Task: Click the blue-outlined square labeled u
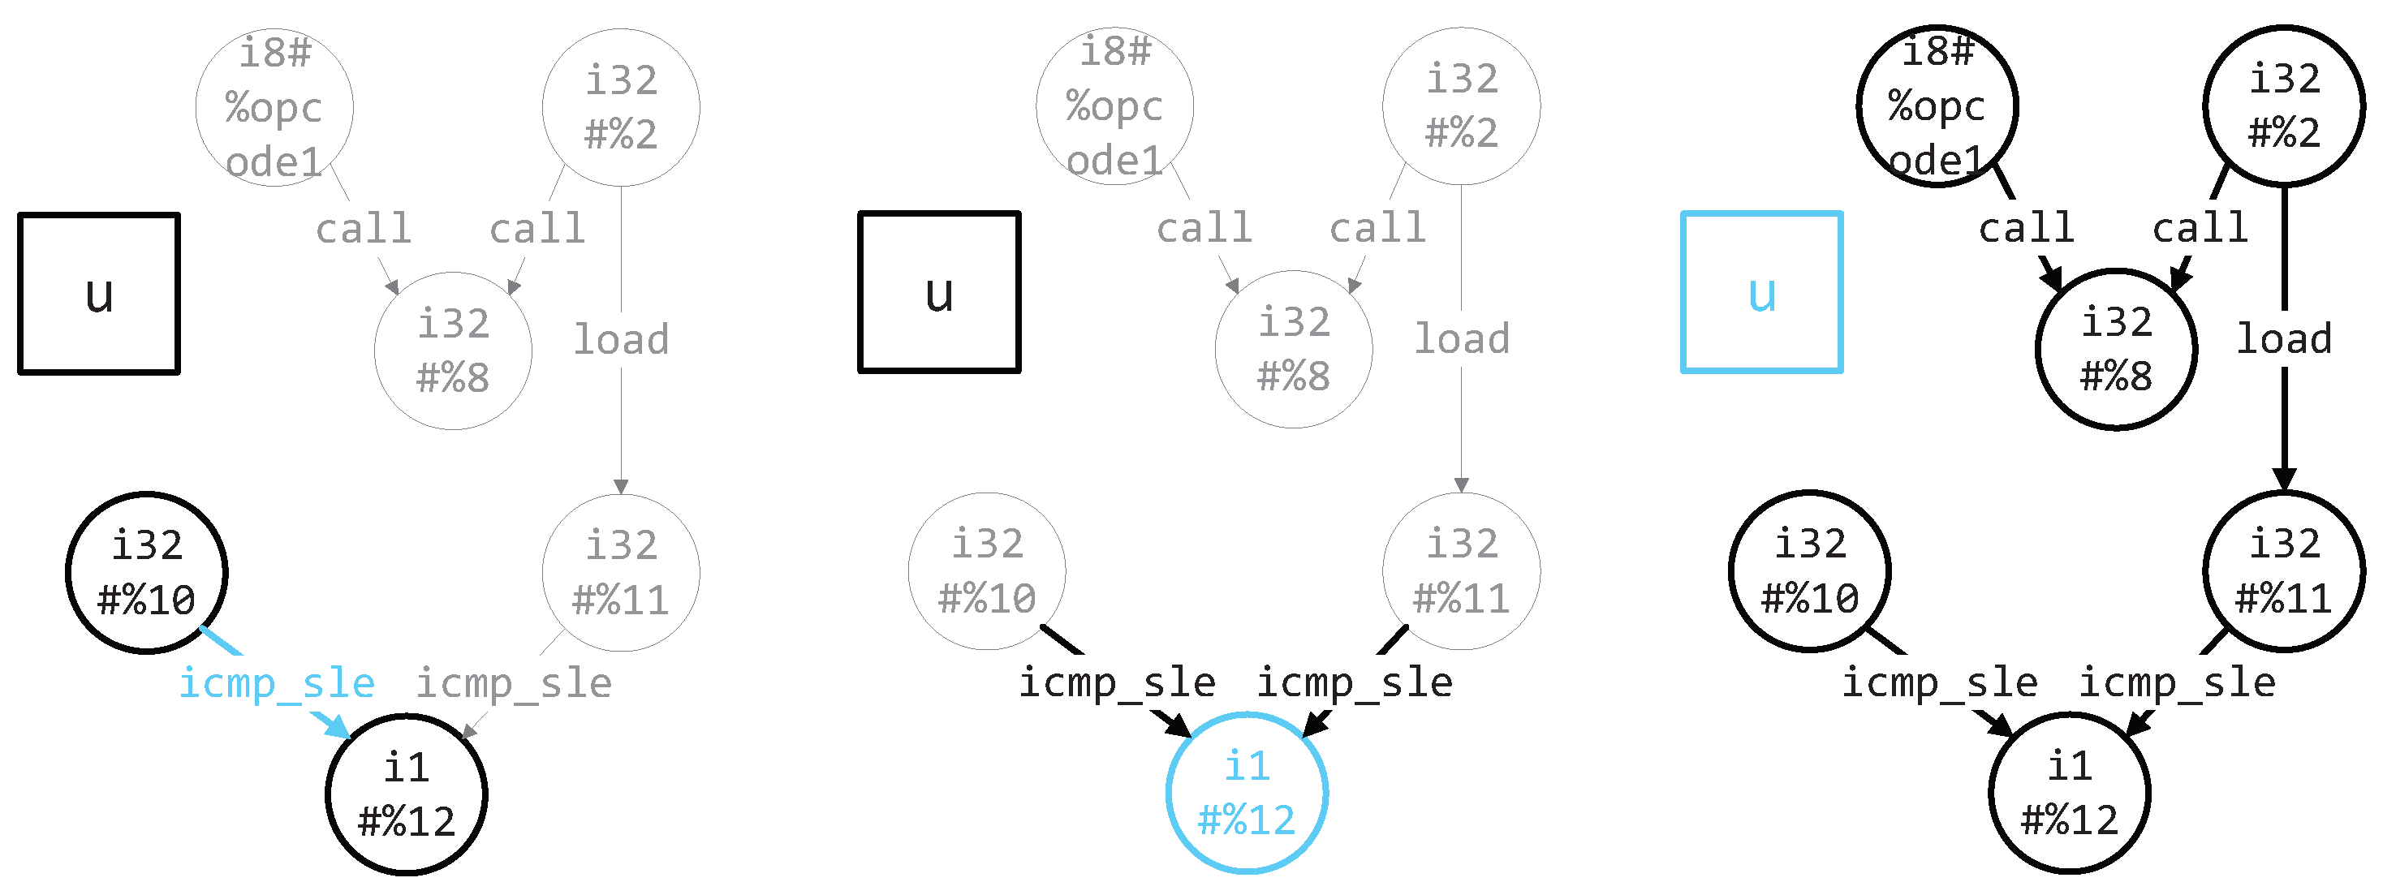pos(1761,292)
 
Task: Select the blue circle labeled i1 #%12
pos(1247,794)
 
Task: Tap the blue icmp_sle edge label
pos(277,683)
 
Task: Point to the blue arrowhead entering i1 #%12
pos(338,729)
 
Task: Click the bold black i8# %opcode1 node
pos(1937,106)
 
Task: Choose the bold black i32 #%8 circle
pos(2117,350)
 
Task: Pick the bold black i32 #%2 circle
pos(2284,106)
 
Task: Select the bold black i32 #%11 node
pos(2284,571)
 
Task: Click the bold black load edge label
pos(2284,339)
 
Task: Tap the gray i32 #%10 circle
pos(987,571)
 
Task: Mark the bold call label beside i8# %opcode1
pos(2027,228)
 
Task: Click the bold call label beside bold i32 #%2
pos(2200,228)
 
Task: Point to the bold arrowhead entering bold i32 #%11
pos(2284,480)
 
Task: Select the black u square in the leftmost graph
pos(99,293)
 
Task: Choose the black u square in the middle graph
pos(939,292)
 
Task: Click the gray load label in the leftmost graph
pos(621,339)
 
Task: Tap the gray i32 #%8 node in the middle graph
pos(1293,350)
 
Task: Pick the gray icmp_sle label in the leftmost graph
pos(514,683)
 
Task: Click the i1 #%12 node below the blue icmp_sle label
pos(406,794)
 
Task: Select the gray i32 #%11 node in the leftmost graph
pos(621,572)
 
